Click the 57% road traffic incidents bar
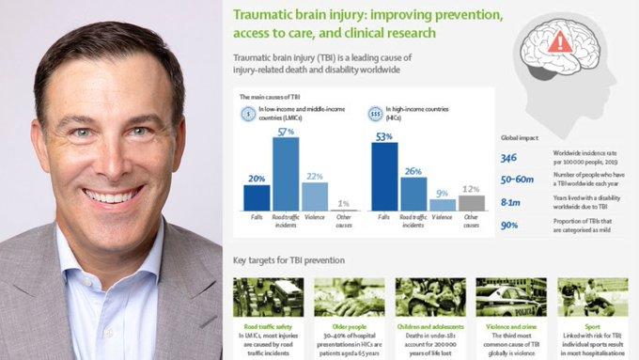coord(286,174)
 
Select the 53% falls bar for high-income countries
coord(384,176)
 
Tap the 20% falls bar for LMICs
coord(257,197)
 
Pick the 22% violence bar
coord(315,196)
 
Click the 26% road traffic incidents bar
coord(413,194)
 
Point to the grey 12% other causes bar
coord(472,202)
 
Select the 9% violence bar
coord(443,204)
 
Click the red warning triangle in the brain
coord(560,41)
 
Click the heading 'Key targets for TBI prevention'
coord(288,259)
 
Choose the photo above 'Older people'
coord(349,296)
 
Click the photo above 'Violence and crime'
coord(511,296)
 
